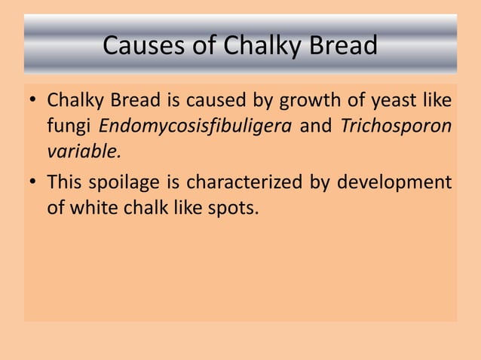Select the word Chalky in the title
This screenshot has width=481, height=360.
point(260,47)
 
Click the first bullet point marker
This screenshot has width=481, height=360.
point(32,100)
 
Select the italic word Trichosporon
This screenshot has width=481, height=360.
point(396,125)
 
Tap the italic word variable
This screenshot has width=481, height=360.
point(84,150)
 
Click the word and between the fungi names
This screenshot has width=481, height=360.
point(316,125)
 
